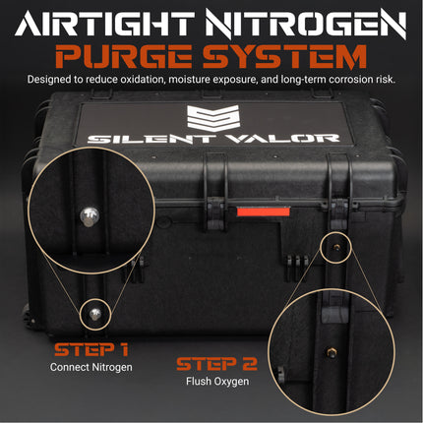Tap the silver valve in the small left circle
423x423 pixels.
point(94,314)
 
